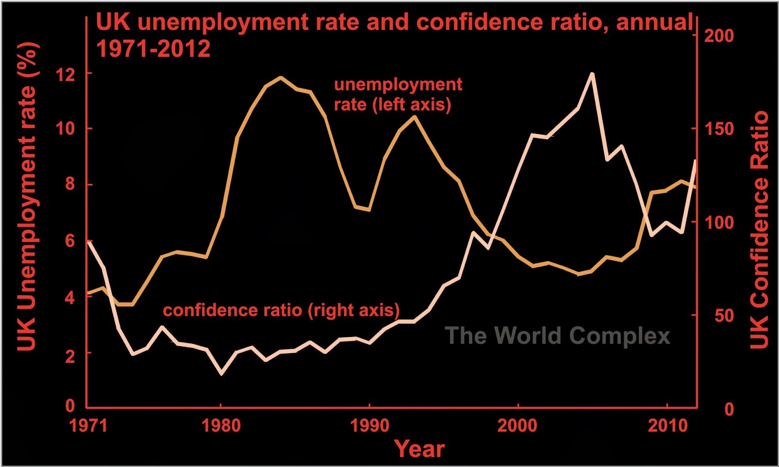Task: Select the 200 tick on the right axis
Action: point(719,36)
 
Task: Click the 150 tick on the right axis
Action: point(719,129)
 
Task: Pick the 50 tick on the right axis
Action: point(724,316)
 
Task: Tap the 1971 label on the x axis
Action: point(88,426)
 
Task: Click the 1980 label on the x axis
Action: point(221,426)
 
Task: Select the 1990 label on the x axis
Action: point(370,426)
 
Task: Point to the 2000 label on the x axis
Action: point(517,426)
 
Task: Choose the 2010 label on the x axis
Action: point(667,426)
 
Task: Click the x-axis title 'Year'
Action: point(419,448)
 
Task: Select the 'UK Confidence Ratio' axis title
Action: point(759,229)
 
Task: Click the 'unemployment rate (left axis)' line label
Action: point(397,94)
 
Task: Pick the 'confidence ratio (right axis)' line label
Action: point(281,310)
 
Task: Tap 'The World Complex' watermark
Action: point(557,336)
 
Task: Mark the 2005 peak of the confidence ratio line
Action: point(592,74)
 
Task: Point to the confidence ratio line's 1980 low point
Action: point(222,374)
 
